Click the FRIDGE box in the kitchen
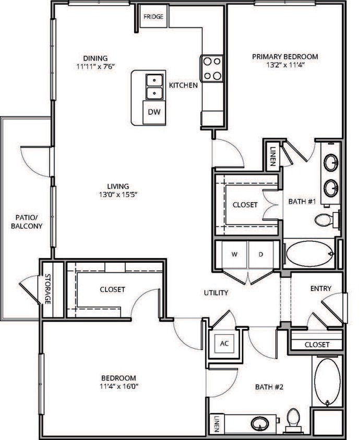153,17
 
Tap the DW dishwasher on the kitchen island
153,112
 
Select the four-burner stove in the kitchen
212,68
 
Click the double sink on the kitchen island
154,87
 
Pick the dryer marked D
259,255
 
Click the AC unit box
224,344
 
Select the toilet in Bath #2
294,418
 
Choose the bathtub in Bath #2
327,382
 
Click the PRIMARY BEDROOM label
285,57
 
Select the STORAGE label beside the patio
47,290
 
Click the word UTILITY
216,293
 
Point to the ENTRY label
320,288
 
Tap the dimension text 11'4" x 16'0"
118,386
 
